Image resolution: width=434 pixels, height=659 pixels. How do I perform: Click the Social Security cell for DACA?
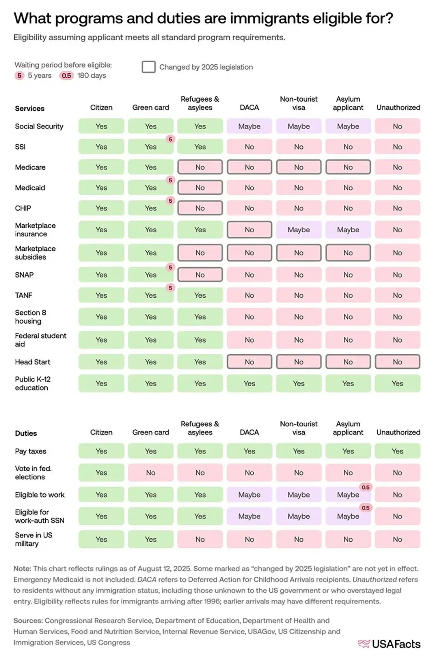pyautogui.click(x=249, y=126)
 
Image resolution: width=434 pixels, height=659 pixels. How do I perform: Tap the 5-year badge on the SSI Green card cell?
pyautogui.click(x=170, y=139)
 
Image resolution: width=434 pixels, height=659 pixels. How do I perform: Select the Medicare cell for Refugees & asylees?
pyautogui.click(x=200, y=167)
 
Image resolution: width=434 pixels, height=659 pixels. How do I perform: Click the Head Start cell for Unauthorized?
pyautogui.click(x=397, y=362)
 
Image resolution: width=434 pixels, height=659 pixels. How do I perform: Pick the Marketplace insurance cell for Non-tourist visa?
pyautogui.click(x=299, y=230)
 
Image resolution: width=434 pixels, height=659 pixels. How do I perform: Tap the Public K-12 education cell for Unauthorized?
pyautogui.click(x=397, y=383)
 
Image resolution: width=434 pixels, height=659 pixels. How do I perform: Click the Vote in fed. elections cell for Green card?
pyautogui.click(x=151, y=473)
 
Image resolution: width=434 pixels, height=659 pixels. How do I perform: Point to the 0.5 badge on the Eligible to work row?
pyautogui.click(x=365, y=487)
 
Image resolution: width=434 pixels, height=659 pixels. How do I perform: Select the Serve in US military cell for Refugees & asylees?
pyautogui.click(x=200, y=539)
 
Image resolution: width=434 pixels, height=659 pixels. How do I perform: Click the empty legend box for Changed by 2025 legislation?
pyautogui.click(x=149, y=67)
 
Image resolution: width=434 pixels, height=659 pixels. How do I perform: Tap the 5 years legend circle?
pyautogui.click(x=19, y=75)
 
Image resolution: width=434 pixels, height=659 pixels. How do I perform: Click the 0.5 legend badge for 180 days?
pyautogui.click(x=66, y=75)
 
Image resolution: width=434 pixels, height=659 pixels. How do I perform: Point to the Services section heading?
pyautogui.click(x=30, y=108)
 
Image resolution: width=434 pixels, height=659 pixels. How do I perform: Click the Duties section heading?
pyautogui.click(x=26, y=433)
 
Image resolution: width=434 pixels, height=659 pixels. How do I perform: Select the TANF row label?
pyautogui.click(x=23, y=295)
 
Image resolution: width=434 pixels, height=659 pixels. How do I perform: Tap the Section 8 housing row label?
pyautogui.click(x=30, y=317)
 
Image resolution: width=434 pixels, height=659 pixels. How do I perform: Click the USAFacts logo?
pyautogui.click(x=390, y=644)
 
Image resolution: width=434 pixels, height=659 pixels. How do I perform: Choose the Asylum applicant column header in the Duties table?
pyautogui.click(x=348, y=428)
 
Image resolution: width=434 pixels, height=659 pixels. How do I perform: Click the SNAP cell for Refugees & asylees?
pyautogui.click(x=200, y=275)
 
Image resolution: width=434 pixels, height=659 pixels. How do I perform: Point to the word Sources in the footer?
pyautogui.click(x=28, y=620)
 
